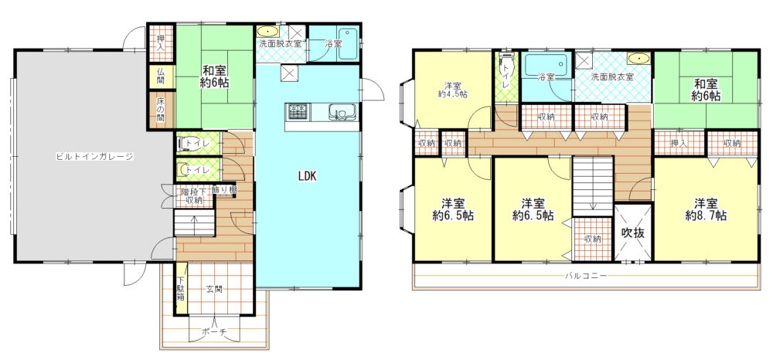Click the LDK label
308,175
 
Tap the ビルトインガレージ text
94,157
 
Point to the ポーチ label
214,332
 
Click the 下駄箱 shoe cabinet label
180,290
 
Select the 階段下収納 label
194,195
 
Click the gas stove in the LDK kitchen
297,111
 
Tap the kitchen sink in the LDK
341,112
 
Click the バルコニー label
586,275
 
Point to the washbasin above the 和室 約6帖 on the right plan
639,59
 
